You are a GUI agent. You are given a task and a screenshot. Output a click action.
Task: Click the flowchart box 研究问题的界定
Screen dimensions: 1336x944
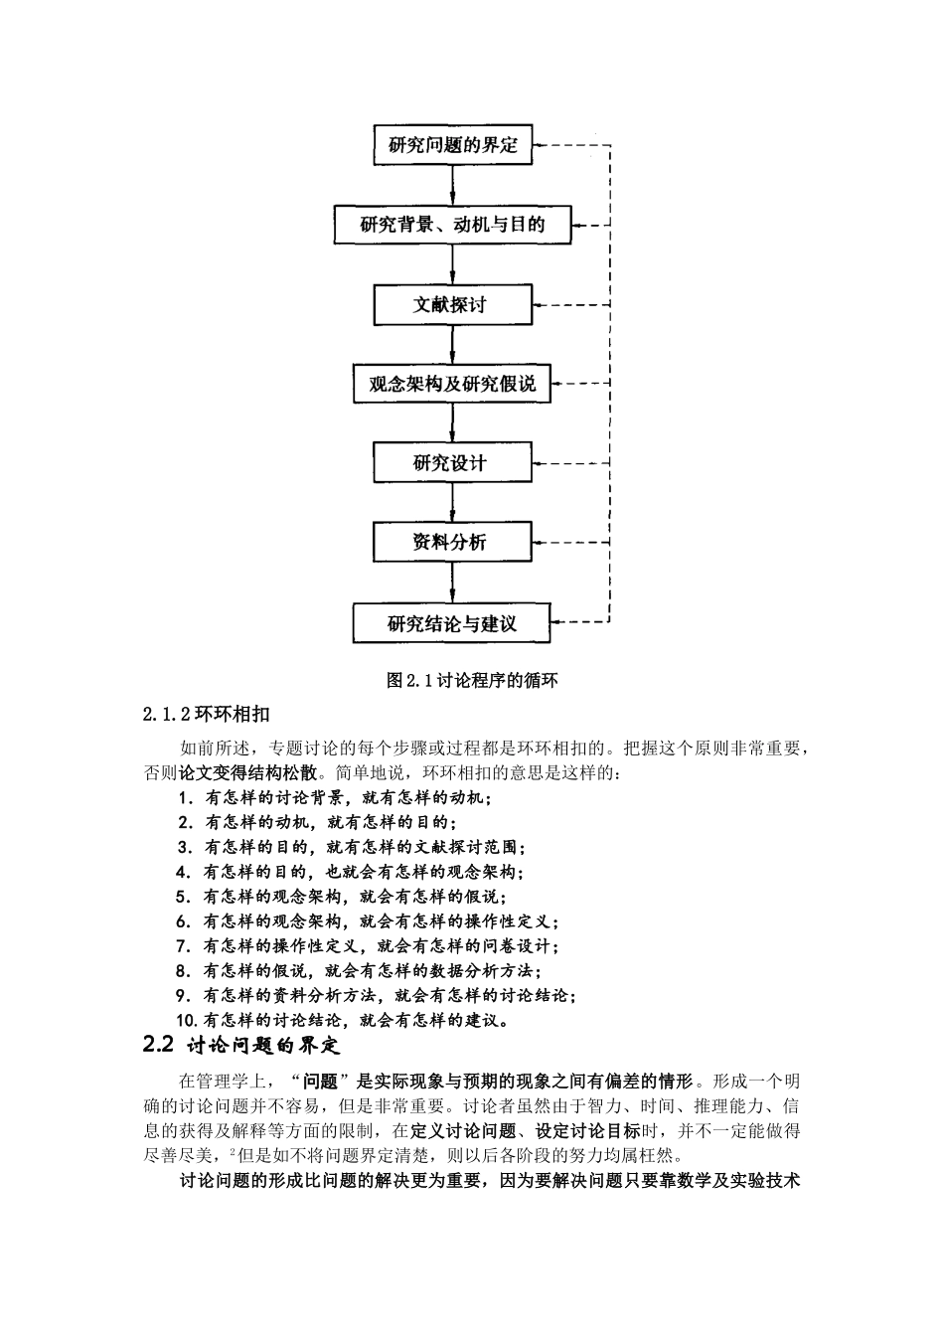coord(452,145)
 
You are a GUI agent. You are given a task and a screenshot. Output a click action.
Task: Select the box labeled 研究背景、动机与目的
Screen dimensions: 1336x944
coord(452,225)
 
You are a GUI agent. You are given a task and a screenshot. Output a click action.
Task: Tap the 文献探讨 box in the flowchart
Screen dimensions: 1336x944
coord(452,304)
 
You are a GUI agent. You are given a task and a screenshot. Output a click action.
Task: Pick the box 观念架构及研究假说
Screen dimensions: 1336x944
coord(452,384)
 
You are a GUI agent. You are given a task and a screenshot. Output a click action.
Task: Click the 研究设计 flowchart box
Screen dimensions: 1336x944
coord(452,463)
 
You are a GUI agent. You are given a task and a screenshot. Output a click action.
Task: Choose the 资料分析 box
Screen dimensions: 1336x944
coord(452,543)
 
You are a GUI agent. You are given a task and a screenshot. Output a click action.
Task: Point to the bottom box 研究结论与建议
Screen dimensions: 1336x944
coord(452,624)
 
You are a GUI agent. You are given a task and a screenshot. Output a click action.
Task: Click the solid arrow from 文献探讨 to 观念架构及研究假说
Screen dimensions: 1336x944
coord(453,344)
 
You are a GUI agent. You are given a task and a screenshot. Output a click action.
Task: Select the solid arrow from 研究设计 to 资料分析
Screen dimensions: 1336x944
coord(453,503)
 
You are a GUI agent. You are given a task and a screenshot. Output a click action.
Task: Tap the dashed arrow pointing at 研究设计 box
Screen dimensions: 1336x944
coord(571,463)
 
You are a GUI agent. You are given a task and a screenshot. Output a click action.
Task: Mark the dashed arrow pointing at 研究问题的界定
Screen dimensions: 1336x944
coord(571,145)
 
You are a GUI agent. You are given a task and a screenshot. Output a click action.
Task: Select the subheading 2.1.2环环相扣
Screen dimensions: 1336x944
coord(206,714)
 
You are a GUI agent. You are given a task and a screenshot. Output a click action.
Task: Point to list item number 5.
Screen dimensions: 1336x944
coord(183,896)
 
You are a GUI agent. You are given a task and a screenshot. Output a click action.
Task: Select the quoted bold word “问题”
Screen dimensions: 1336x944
coord(318,1081)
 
